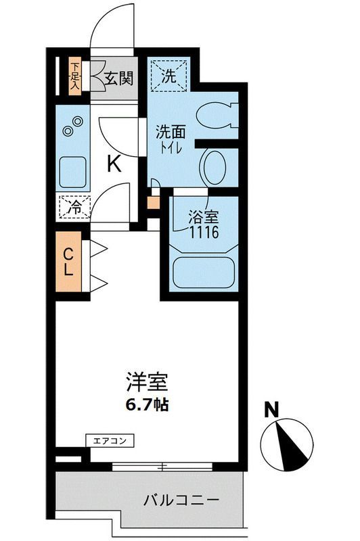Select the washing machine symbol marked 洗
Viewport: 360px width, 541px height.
pyautogui.click(x=170, y=76)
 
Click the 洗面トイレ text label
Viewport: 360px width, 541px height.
pyautogui.click(x=170, y=140)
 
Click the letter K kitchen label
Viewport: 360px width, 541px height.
pyautogui.click(x=114, y=164)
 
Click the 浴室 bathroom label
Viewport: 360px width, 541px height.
pyautogui.click(x=202, y=217)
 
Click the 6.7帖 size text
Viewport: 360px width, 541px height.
pyautogui.click(x=147, y=406)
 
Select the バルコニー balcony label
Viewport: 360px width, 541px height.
pyautogui.click(x=181, y=502)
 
